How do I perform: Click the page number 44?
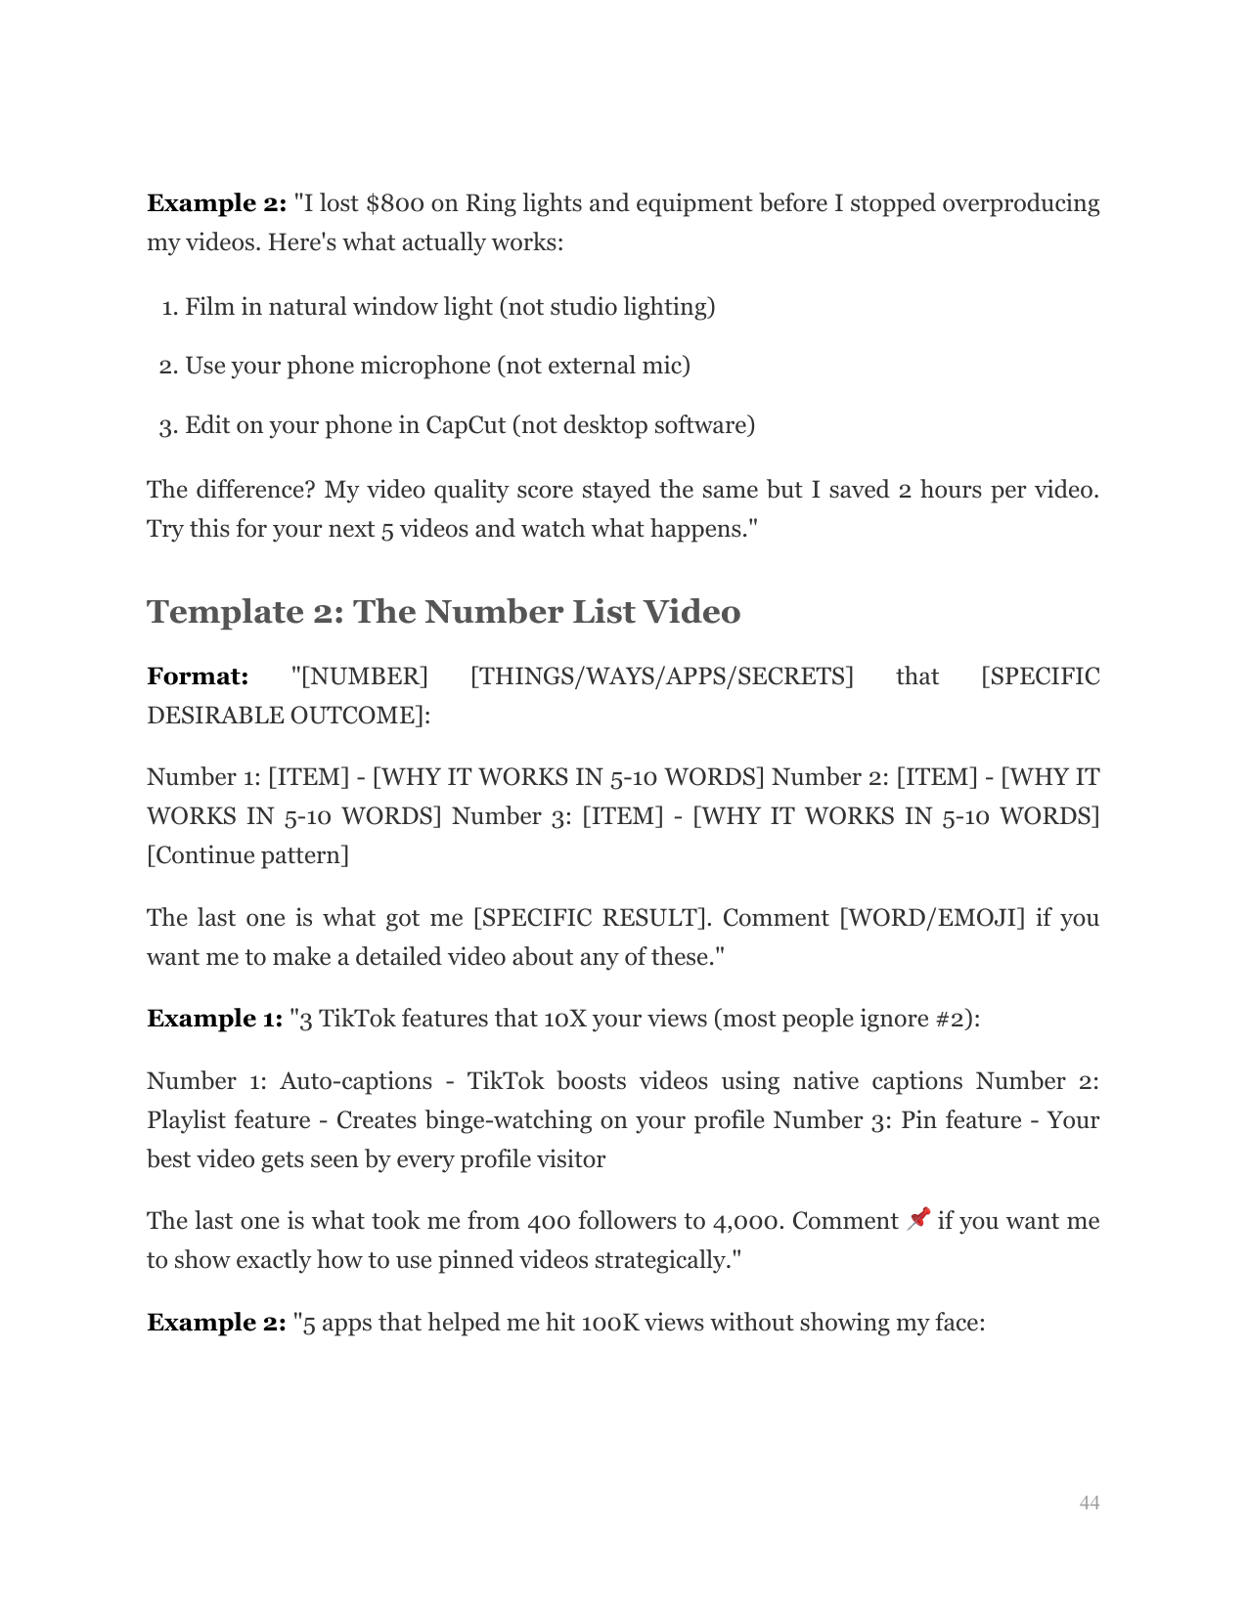pyautogui.click(x=1089, y=1503)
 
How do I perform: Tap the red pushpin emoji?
pyautogui.click(x=918, y=1219)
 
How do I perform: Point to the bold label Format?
pyautogui.click(x=198, y=676)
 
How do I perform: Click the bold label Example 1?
pyautogui.click(x=215, y=1019)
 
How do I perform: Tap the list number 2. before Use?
pyautogui.click(x=168, y=367)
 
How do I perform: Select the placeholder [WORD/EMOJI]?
pyautogui.click(x=932, y=918)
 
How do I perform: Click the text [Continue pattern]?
pyautogui.click(x=247, y=855)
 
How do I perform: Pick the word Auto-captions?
pyautogui.click(x=356, y=1081)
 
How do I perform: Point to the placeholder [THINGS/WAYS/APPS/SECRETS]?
pyautogui.click(x=661, y=676)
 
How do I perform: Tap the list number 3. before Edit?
pyautogui.click(x=168, y=426)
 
